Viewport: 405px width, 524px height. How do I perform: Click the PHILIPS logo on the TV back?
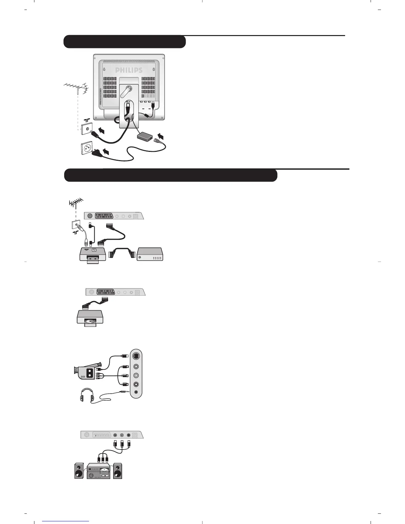tap(129, 70)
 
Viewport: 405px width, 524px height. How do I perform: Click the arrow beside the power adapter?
tap(161, 136)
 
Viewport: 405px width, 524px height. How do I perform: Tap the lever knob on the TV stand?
tap(127, 90)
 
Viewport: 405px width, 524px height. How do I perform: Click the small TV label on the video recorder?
tap(94, 250)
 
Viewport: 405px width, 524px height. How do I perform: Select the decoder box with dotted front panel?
tap(150, 254)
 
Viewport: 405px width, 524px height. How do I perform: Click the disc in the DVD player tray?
tap(90, 321)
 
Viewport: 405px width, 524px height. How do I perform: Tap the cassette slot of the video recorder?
tap(93, 258)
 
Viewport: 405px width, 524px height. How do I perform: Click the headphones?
tap(87, 396)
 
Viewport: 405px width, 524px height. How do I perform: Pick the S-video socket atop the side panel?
tap(137, 357)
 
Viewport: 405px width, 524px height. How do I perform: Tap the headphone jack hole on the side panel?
tap(137, 392)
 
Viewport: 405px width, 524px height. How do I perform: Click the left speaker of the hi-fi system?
tap(79, 471)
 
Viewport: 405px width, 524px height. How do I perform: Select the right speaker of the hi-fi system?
tap(117, 471)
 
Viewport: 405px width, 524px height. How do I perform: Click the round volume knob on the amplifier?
tap(91, 475)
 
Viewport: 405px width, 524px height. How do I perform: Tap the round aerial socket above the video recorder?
tap(89, 216)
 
